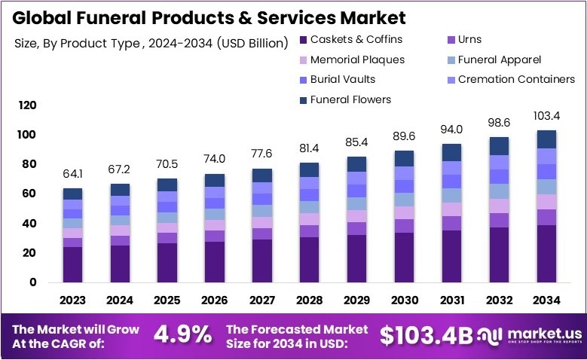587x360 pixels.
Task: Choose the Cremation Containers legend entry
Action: (516, 79)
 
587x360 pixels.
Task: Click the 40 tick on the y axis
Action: (30, 224)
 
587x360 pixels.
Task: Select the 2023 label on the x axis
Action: (72, 300)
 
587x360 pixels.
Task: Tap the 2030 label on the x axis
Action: (405, 300)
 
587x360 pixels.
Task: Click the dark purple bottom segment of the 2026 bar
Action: (215, 261)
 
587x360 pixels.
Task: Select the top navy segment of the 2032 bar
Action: (500, 146)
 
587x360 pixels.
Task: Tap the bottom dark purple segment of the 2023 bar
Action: (72, 264)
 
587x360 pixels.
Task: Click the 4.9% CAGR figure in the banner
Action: (183, 335)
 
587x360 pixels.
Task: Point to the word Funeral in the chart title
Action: (127, 17)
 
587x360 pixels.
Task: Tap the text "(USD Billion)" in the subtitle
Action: (251, 43)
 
